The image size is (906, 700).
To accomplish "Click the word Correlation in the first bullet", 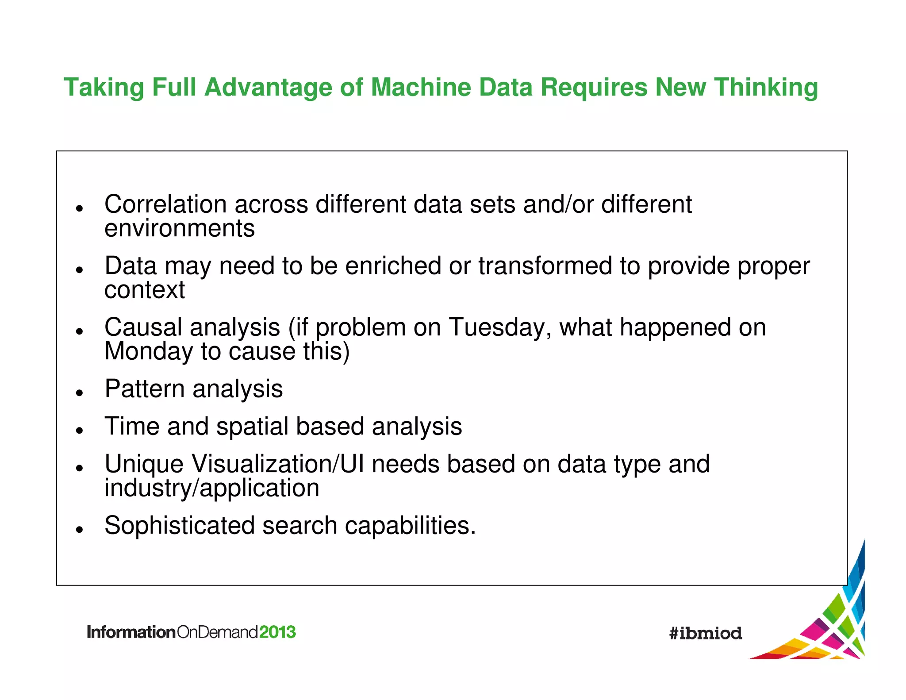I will point(165,204).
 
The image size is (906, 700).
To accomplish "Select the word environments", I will point(180,228).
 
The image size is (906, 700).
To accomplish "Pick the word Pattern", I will point(144,389).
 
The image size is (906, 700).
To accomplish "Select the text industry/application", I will point(212,488).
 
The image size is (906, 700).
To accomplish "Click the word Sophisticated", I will point(180,526).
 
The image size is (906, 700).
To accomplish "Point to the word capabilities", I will point(410,526).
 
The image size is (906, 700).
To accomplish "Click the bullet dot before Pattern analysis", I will point(80,392).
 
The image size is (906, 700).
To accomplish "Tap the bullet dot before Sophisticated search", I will point(80,529).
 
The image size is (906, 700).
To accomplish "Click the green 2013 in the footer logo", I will point(277,632).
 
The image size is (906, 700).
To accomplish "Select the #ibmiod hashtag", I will point(706,633).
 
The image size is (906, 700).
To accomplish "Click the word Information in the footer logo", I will point(131,632).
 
